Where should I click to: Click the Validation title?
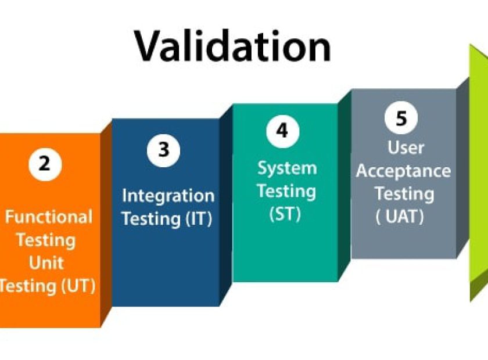(232, 46)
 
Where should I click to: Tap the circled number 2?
(45, 164)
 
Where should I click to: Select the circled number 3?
(164, 150)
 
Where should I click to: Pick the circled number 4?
(282, 131)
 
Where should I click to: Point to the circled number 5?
(401, 118)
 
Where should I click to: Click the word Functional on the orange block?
(49, 217)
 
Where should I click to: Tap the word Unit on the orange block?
(46, 263)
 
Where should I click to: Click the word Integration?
(168, 196)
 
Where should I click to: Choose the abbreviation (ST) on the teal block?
(285, 214)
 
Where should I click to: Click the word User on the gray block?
(406, 147)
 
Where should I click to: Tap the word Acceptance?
(403, 171)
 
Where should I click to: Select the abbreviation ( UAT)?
(400, 217)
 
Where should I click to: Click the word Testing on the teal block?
(287, 191)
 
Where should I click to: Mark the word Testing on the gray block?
(404, 194)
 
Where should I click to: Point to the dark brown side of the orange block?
(106, 224)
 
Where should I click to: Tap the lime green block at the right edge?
(479, 171)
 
